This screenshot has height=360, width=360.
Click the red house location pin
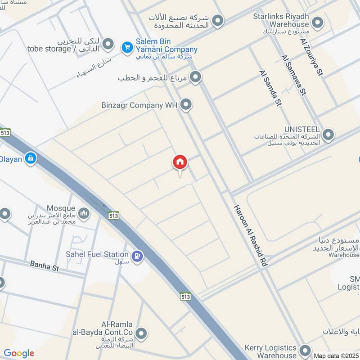[x=180, y=162]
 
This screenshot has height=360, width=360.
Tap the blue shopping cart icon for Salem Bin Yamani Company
[x=127, y=46]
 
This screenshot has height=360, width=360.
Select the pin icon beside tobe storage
[x=108, y=44]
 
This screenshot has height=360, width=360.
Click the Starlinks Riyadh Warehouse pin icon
[x=318, y=22]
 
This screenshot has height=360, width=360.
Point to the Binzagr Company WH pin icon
[x=186, y=105]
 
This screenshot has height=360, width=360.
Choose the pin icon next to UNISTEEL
[x=328, y=134]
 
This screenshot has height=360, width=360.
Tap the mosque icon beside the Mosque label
[x=84, y=213]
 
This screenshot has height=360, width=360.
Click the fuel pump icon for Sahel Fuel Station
[x=138, y=256]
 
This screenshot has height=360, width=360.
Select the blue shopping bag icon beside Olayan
[x=31, y=158]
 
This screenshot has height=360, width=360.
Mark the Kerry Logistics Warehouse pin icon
[x=306, y=351]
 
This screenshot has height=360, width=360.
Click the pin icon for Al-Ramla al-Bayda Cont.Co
[x=142, y=333]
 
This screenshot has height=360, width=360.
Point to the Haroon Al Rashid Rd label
[x=250, y=237]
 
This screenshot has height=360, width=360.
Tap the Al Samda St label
[x=270, y=87]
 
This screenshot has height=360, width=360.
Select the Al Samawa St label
[x=293, y=75]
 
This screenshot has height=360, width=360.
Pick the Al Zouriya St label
[x=311, y=57]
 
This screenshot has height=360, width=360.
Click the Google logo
[x=19, y=354]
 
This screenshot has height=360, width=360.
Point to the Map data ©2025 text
[x=335, y=355]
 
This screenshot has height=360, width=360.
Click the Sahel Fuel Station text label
[x=97, y=255]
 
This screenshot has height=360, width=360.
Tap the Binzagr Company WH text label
[x=139, y=105]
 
